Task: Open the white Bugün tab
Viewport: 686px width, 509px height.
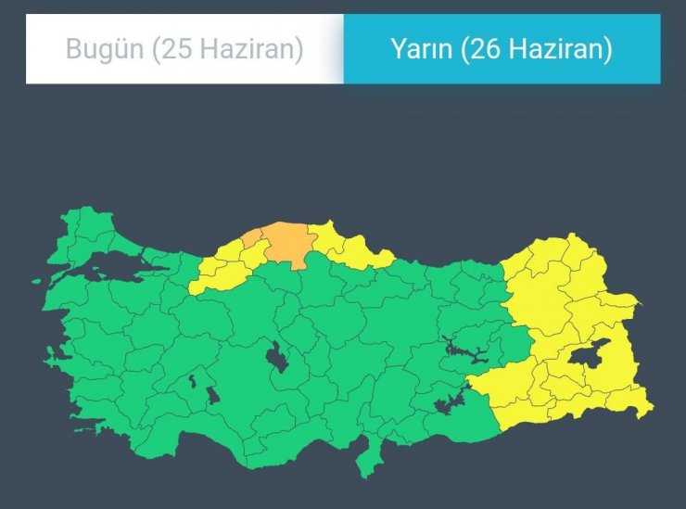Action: click(x=184, y=49)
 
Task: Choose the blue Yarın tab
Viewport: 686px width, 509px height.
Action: click(x=502, y=49)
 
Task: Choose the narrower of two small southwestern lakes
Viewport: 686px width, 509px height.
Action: click(x=193, y=380)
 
